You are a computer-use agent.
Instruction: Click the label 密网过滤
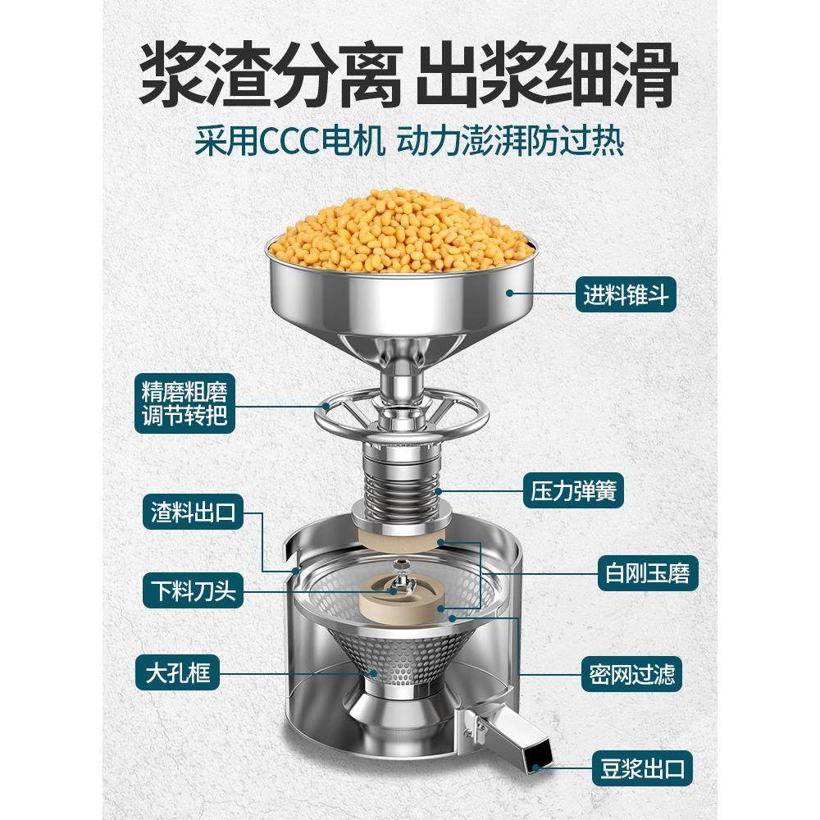[632, 676]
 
